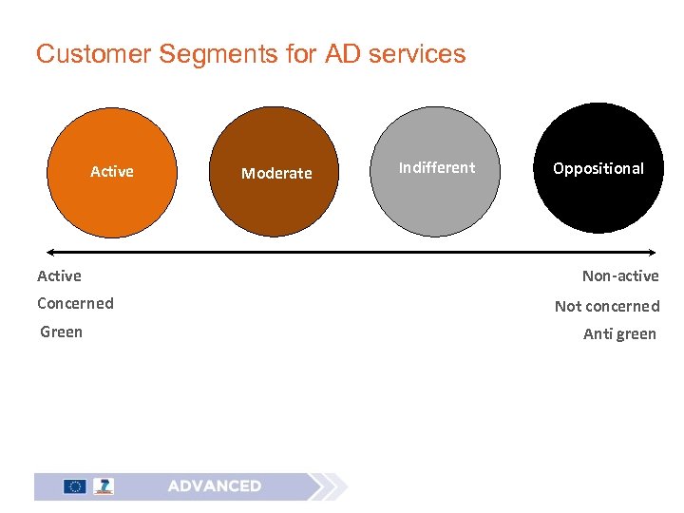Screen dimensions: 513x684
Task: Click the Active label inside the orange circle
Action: pos(112,171)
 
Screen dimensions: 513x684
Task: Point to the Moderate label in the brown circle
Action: pos(276,173)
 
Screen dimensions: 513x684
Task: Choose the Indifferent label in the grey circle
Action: pos(437,167)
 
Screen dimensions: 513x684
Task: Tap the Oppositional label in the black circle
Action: pos(598,168)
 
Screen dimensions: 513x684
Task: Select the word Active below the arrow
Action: pos(59,275)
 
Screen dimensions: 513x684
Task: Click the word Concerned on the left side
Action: pos(75,303)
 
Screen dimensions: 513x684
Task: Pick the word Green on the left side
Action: pos(61,332)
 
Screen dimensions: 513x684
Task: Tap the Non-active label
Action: pos(620,275)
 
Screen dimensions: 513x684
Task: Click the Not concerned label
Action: pos(607,306)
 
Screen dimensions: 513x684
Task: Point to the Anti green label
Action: pos(619,333)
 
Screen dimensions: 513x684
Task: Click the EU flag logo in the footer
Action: pos(74,486)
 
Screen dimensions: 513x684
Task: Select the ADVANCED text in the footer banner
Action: pos(215,486)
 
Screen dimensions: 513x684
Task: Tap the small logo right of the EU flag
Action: pos(103,486)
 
